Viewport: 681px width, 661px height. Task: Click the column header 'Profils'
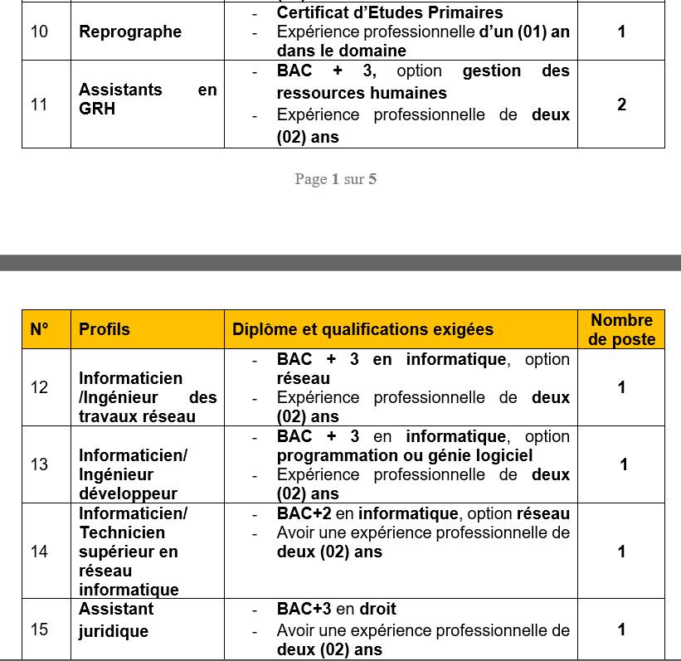pyautogui.click(x=105, y=329)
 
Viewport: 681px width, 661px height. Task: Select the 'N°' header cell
pyautogui.click(x=40, y=329)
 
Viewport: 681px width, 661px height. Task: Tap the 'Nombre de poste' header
pyautogui.click(x=621, y=329)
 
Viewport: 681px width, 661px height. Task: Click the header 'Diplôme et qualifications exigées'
pyautogui.click(x=362, y=329)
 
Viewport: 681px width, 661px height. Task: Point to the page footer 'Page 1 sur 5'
pyautogui.click(x=335, y=179)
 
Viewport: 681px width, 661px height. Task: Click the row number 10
pyautogui.click(x=39, y=32)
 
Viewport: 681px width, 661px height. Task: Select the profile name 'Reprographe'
pyautogui.click(x=130, y=32)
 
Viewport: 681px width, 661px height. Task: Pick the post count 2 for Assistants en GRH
pyautogui.click(x=621, y=104)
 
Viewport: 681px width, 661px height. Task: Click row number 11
pyautogui.click(x=39, y=104)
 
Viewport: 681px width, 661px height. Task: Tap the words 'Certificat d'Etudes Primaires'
pyautogui.click(x=390, y=12)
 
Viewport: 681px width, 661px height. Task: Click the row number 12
pyautogui.click(x=39, y=387)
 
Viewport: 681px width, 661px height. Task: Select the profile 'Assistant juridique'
pyautogui.click(x=116, y=620)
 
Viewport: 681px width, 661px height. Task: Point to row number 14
pyautogui.click(x=39, y=552)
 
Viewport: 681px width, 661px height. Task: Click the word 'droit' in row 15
pyautogui.click(x=377, y=609)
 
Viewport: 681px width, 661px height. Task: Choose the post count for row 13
pyautogui.click(x=624, y=464)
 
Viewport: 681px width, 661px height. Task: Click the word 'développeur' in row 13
pyautogui.click(x=128, y=494)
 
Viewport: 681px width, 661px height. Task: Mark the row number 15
pyautogui.click(x=39, y=629)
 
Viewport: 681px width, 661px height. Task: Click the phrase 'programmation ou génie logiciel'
pyautogui.click(x=405, y=455)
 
